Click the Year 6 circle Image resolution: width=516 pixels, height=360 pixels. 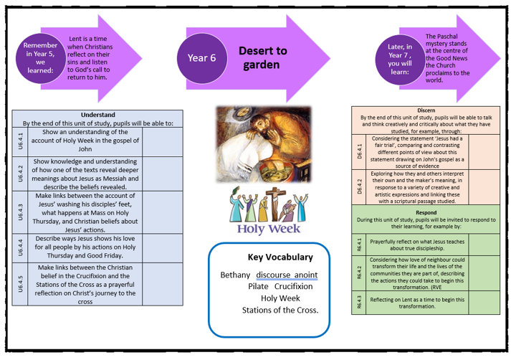[202, 58]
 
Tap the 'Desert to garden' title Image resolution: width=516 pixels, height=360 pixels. [262, 58]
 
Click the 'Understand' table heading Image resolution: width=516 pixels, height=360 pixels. [97, 114]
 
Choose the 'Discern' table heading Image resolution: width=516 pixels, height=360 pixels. [426, 110]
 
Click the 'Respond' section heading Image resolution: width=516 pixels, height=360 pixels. [426, 212]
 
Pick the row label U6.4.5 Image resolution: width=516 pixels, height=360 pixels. [20, 284]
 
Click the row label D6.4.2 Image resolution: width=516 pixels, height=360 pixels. [359, 186]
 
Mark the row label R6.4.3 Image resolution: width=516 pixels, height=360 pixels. [359, 302]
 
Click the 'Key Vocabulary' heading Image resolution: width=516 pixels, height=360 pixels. [269, 257]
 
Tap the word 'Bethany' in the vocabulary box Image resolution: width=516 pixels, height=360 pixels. [236, 275]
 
